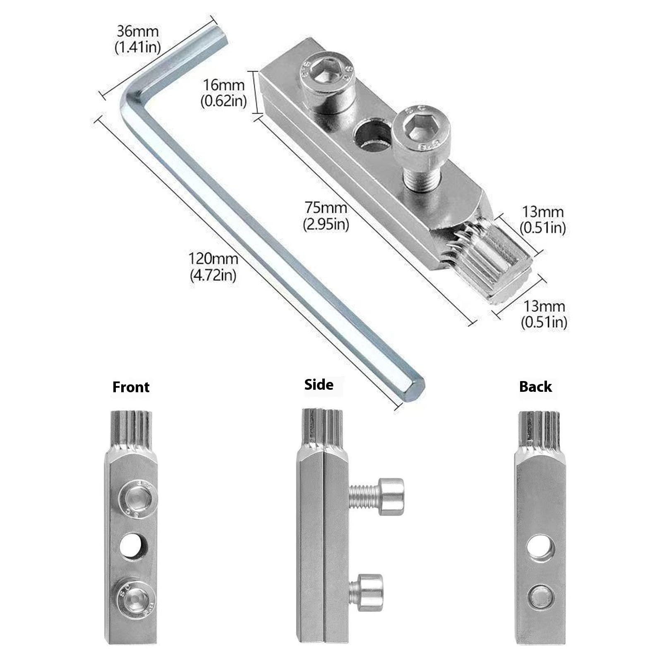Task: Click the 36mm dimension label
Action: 137,38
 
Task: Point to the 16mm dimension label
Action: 224,93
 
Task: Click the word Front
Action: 131,387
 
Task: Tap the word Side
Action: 319,384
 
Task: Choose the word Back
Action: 535,386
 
